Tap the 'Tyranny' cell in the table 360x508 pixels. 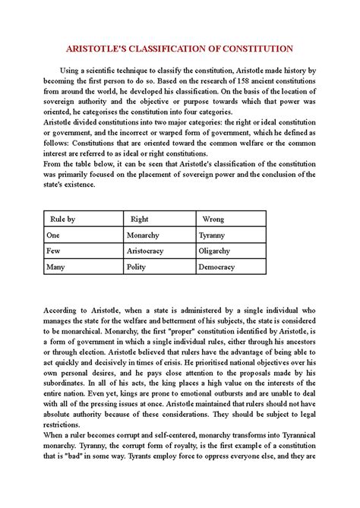pyautogui.click(x=213, y=235)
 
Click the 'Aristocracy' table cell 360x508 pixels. pyautogui.click(x=148, y=251)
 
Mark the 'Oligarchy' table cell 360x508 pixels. pyautogui.click(x=216, y=251)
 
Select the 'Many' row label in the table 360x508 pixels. pyautogui.click(x=55, y=267)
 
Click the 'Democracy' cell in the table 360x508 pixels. pyautogui.click(x=219, y=267)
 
